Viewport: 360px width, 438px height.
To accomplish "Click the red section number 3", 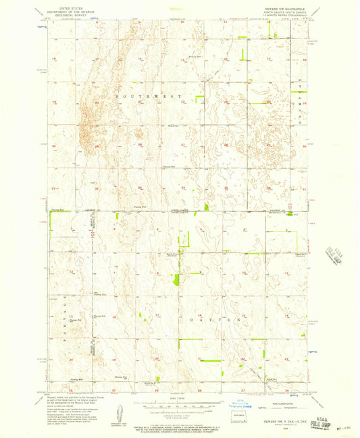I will pos(183,229).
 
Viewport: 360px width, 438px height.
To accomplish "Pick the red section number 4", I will pos(140,229).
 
